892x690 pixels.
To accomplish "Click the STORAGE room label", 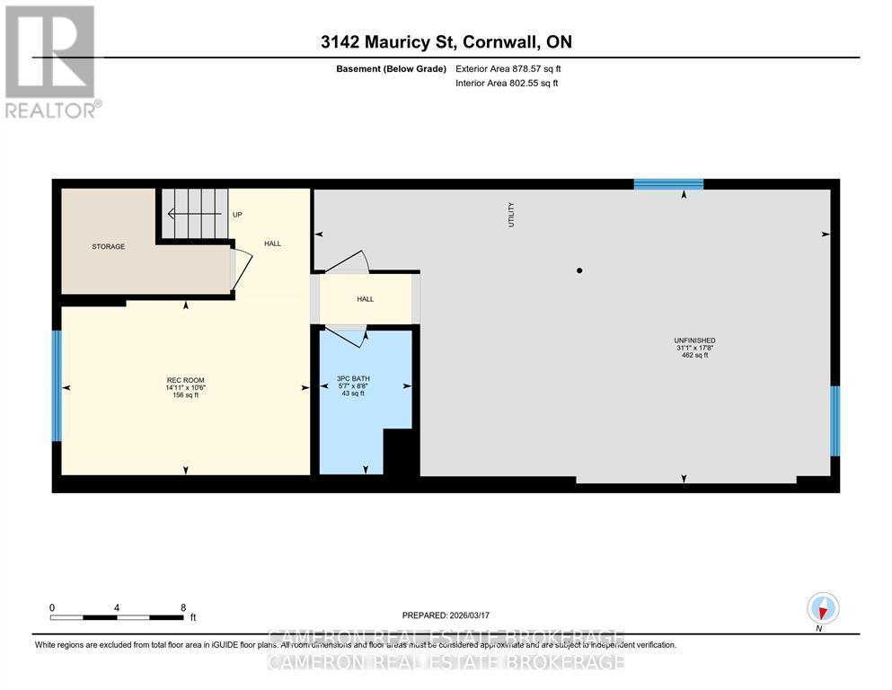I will point(108,246).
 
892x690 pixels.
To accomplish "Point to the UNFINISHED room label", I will point(693,341).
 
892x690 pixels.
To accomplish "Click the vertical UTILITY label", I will point(512,214).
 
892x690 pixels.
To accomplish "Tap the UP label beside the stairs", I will point(237,215).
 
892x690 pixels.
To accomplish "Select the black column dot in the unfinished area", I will point(579,270).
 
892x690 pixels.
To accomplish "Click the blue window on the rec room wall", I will point(57,385).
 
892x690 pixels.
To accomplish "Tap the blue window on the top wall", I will point(668,184).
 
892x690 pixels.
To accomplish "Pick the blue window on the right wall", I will point(835,420).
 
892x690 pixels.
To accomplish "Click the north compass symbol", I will point(823,609).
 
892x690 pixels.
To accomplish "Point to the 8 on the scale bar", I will point(183,607).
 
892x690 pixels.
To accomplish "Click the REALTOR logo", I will point(51,61).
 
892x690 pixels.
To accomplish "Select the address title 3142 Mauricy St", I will point(446,41).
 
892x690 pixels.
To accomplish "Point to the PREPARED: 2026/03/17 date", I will point(446,615).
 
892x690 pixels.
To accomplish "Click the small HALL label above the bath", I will point(365,299).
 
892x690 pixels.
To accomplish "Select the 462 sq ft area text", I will point(693,356).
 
